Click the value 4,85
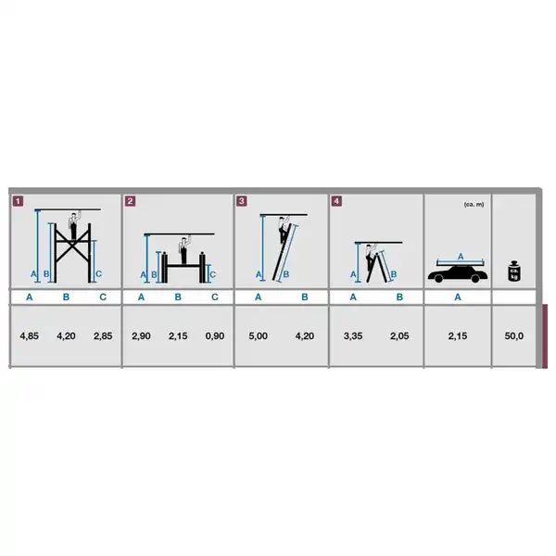[x=29, y=335]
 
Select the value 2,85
[x=103, y=335]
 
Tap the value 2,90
[x=141, y=335]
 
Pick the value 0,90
[x=215, y=335]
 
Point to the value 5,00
[x=259, y=335]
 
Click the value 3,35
[x=353, y=335]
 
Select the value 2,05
[x=399, y=335]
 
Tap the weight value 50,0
[x=513, y=335]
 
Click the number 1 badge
[x=18, y=201]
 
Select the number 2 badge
[x=130, y=201]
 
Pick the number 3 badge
[x=242, y=201]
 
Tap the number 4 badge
[x=336, y=201]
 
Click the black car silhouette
[x=458, y=274]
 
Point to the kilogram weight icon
[x=513, y=271]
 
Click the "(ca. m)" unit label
[x=474, y=205]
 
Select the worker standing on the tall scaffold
[x=73, y=225]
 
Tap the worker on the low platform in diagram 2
[x=183, y=251]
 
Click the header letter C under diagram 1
[x=103, y=297]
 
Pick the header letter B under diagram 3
[x=305, y=297]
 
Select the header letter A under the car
[x=458, y=297]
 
